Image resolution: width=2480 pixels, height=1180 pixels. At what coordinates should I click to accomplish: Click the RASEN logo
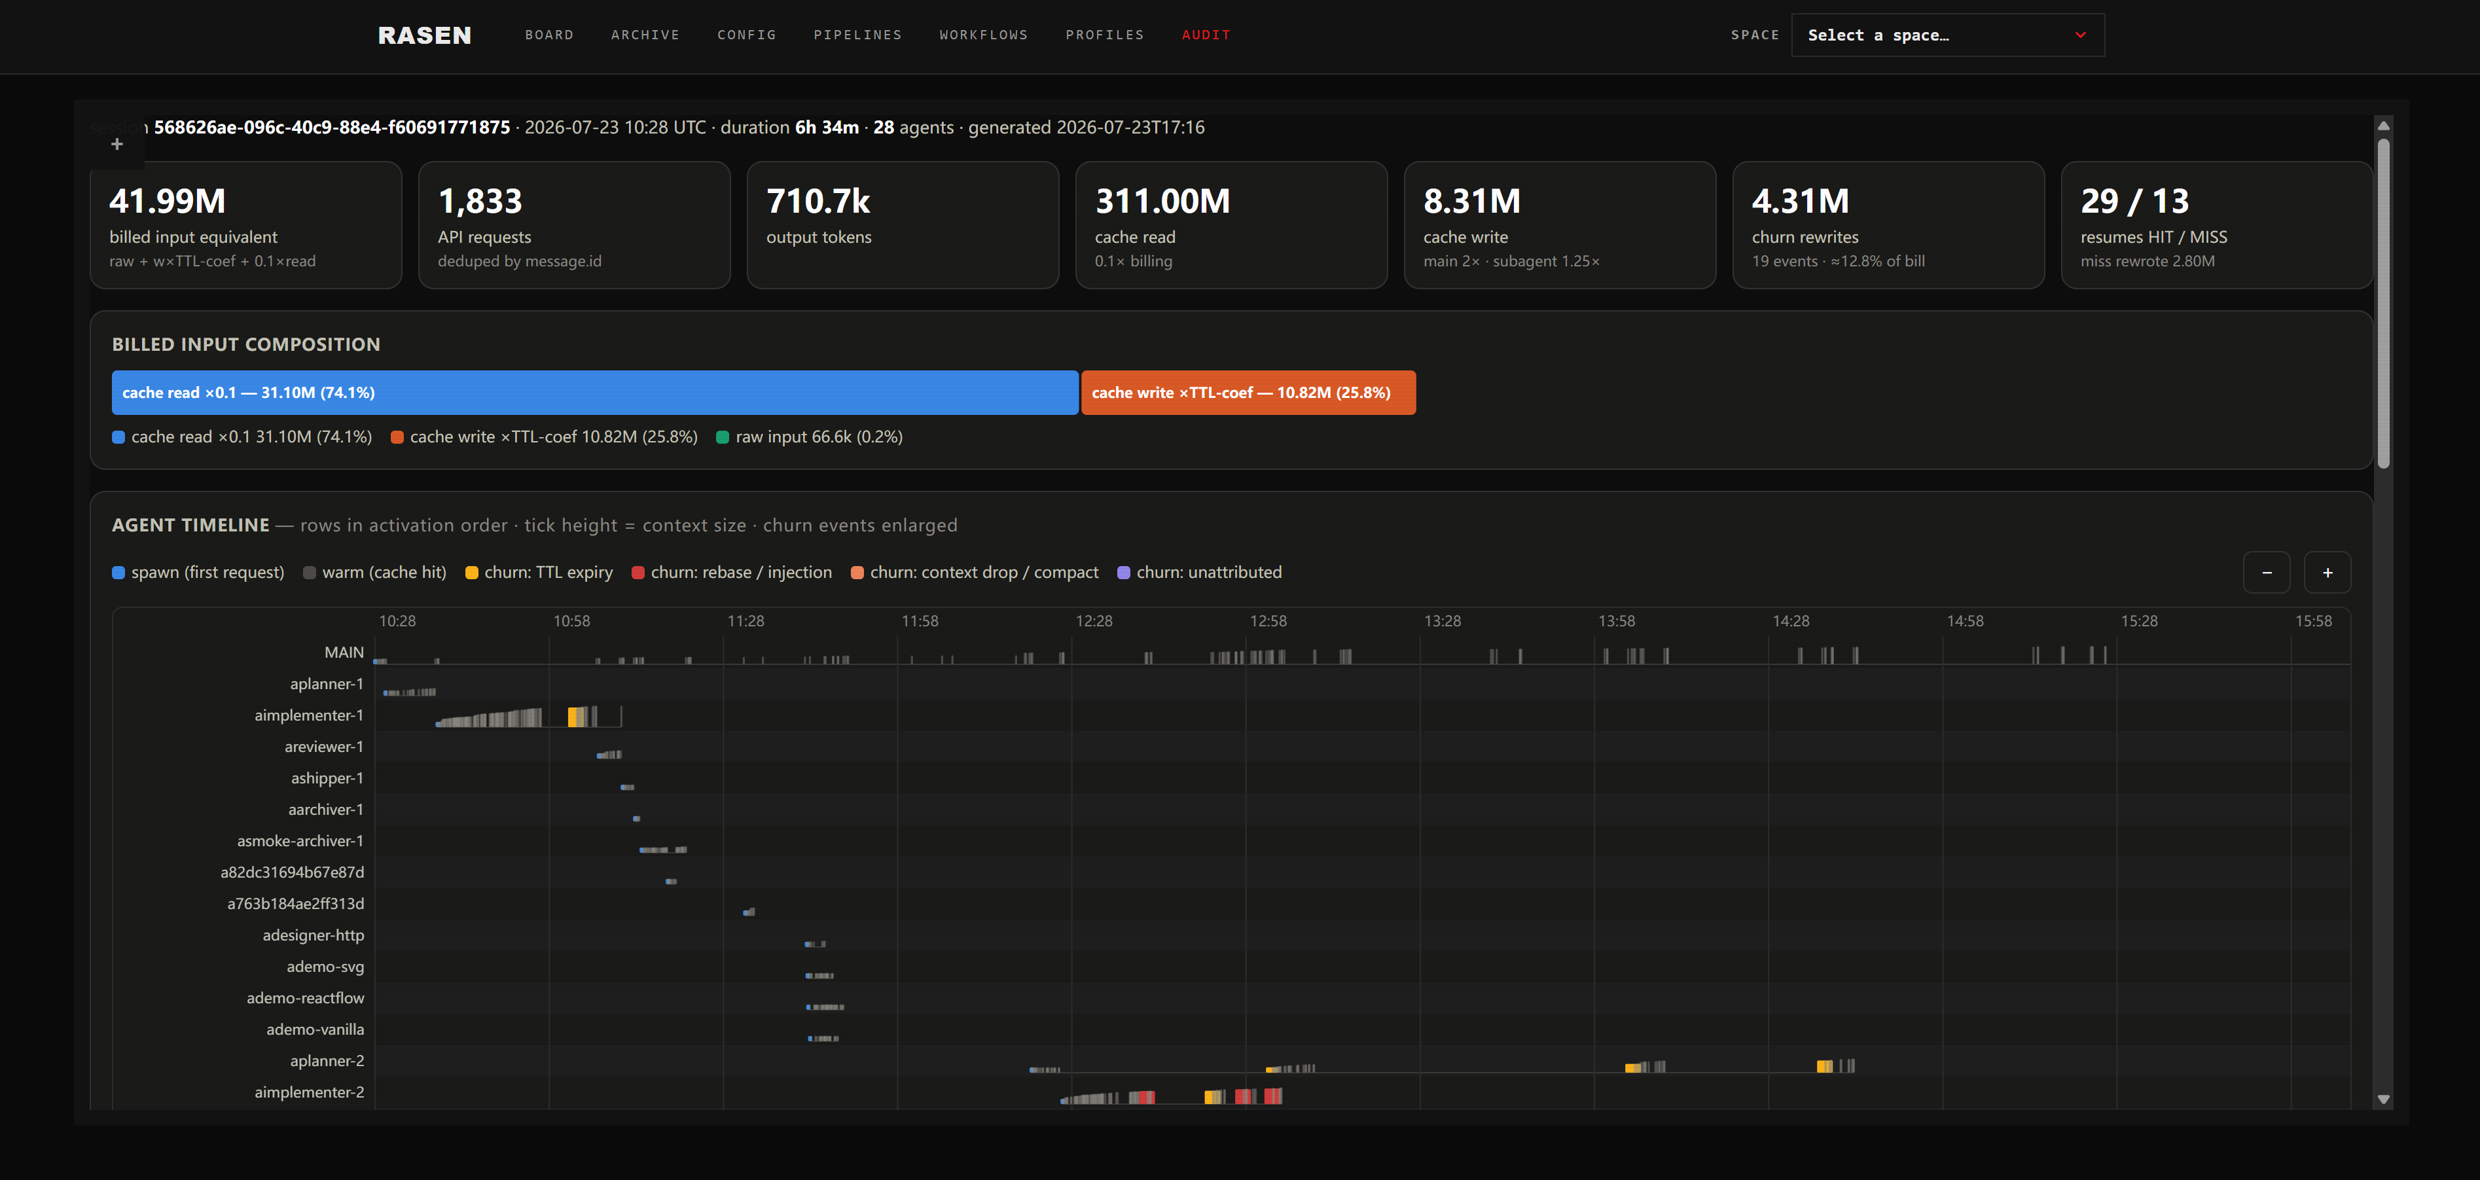coord(425,35)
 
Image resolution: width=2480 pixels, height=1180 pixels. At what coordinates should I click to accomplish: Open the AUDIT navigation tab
coord(1206,35)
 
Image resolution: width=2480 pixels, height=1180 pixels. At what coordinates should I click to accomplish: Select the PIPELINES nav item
coord(858,35)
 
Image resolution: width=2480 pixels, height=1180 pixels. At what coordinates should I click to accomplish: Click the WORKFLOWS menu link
coord(984,35)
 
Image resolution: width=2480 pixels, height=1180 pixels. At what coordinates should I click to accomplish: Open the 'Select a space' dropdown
coord(1948,35)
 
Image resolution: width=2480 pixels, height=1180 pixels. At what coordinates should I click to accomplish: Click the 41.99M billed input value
coord(168,201)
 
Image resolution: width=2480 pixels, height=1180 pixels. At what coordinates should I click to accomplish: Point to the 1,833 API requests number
coord(480,201)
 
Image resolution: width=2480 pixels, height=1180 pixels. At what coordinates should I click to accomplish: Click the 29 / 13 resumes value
coord(2134,201)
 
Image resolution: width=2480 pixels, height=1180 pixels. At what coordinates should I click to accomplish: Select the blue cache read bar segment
coord(595,393)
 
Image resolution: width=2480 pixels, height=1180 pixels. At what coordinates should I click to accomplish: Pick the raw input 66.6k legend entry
coord(810,437)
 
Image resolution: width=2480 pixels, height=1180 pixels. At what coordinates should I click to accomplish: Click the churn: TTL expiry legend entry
coord(539,573)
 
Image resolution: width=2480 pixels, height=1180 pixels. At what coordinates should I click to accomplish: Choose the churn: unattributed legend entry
coord(1200,573)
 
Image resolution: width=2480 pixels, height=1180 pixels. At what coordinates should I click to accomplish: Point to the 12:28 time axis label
coord(1094,621)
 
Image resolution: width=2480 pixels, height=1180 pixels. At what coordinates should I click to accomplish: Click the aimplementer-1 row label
coord(309,715)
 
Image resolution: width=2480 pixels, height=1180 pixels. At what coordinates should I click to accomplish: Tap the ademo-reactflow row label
coord(305,998)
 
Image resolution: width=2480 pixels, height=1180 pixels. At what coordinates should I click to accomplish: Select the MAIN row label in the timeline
coord(344,653)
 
